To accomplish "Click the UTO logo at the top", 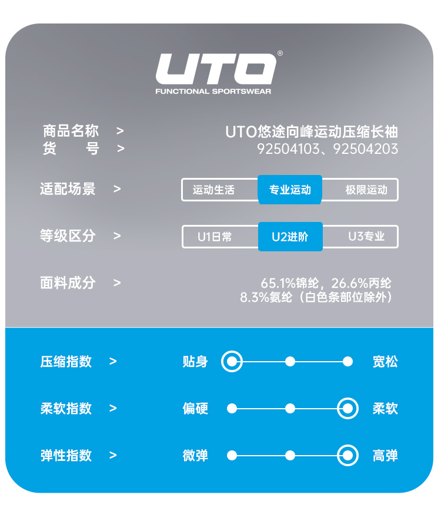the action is [216, 69].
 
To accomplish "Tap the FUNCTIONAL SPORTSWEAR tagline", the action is [213, 92].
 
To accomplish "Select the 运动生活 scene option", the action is [213, 190].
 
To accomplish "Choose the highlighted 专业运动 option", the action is [290, 190].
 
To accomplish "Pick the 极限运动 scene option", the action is [366, 190].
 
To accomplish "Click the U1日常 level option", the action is [215, 237].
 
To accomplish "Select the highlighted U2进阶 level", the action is [290, 237].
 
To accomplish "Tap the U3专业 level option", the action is [366, 237].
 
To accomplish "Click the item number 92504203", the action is [365, 149].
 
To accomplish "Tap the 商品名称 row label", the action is [71, 131].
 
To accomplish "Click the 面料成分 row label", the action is [68, 283].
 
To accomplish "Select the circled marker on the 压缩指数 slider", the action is [232, 361].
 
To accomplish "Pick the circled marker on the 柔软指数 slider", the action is [348, 408].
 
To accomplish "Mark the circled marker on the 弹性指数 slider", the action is [348, 455].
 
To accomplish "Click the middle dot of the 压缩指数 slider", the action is [290, 361].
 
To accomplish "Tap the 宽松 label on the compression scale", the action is [385, 362].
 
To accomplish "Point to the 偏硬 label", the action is [195, 409].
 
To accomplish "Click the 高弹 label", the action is [385, 456].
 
